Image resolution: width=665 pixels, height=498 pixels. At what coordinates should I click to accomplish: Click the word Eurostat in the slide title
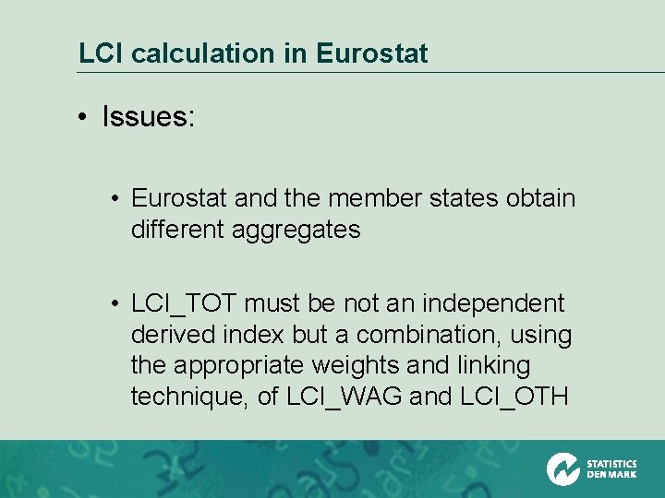click(372, 53)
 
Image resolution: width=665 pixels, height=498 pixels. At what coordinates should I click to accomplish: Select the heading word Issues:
click(149, 117)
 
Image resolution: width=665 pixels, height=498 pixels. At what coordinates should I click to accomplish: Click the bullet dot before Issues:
click(82, 117)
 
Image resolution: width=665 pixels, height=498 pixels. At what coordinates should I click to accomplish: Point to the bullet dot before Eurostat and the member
click(113, 198)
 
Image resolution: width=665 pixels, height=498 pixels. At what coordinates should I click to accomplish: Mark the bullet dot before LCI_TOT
click(113, 303)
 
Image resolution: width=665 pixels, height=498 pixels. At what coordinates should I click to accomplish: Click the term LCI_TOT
click(184, 303)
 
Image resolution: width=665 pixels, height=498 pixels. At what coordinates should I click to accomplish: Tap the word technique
click(187, 397)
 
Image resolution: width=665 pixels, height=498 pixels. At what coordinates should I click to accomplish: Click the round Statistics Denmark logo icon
click(563, 468)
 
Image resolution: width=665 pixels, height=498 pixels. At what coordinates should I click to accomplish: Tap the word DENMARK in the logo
click(611, 475)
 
